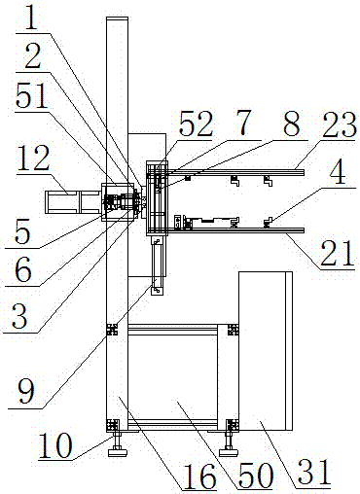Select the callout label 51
32,96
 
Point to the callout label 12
33,158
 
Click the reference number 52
197,124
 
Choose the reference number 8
292,123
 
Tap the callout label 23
339,124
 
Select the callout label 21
337,254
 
